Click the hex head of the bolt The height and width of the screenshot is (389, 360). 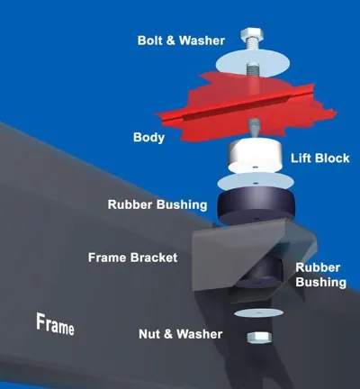pyautogui.click(x=252, y=34)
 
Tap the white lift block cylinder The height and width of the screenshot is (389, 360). pyautogui.click(x=256, y=156)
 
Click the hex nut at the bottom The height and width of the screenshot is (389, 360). pyautogui.click(x=259, y=338)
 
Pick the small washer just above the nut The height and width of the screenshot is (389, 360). pyautogui.click(x=258, y=312)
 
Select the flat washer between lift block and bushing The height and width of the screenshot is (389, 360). pyautogui.click(x=256, y=182)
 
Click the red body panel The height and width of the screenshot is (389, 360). pyautogui.click(x=246, y=108)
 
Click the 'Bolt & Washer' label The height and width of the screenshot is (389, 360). pyautogui.click(x=181, y=41)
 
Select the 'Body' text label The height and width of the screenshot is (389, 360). pyautogui.click(x=148, y=138)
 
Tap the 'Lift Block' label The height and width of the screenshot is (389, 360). pyautogui.click(x=320, y=158)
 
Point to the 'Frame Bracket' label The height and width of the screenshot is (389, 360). pyautogui.click(x=132, y=258)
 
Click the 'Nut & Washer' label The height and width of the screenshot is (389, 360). pyautogui.click(x=180, y=334)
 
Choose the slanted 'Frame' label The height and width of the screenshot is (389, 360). pyautogui.click(x=55, y=324)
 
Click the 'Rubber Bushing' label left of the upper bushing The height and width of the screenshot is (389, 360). pyautogui.click(x=157, y=204)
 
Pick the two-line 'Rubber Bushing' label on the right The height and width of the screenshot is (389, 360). pyautogui.click(x=320, y=275)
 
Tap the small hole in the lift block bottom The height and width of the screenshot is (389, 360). pyautogui.click(x=255, y=167)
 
